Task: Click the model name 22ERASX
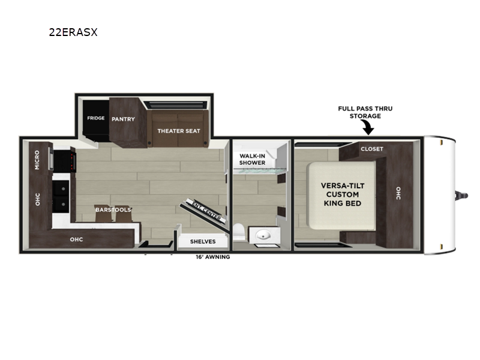point(73,32)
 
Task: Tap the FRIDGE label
point(96,118)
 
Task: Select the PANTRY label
point(123,119)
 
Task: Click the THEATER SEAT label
point(179,131)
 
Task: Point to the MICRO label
point(37,160)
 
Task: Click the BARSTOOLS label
point(113,209)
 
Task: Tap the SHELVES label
point(203,242)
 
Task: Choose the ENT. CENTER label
point(206,209)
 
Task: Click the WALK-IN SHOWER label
point(252,159)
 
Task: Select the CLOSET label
point(372,149)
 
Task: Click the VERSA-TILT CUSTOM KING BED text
point(343,194)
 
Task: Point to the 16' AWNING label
point(213,257)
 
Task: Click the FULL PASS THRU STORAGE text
point(365,112)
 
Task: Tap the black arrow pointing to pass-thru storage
point(367,127)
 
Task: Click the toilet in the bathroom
point(239,232)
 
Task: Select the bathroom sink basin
point(263,235)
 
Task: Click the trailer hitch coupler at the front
point(461,196)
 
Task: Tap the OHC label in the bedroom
point(398,193)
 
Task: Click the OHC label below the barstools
point(76,239)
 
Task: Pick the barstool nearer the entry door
point(124,214)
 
